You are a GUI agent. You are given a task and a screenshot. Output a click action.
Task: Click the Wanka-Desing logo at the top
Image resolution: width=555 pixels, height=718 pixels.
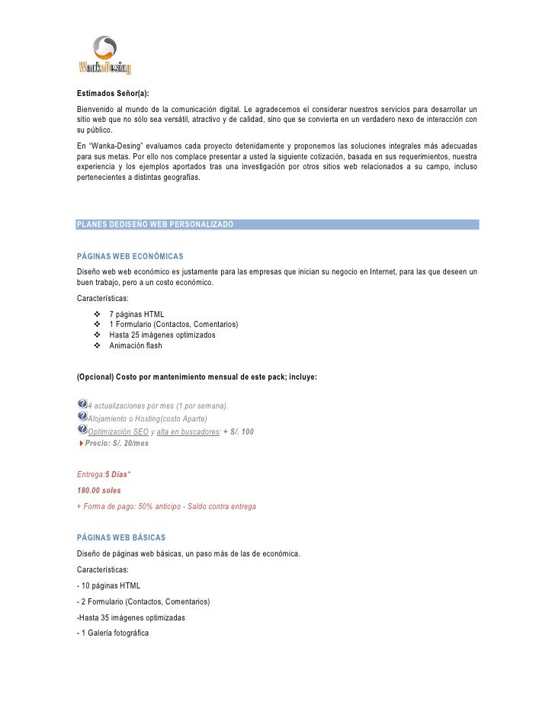(x=104, y=55)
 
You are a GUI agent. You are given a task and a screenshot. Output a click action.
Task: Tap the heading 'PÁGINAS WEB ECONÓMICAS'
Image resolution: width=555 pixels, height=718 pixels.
(x=130, y=256)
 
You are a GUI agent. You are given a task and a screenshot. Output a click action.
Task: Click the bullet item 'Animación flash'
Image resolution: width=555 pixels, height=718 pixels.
(x=136, y=345)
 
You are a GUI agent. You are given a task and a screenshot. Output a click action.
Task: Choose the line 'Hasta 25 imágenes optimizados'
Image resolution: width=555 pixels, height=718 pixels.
(x=162, y=335)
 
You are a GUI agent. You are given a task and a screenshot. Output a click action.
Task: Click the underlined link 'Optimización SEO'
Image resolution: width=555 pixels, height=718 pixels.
(x=118, y=431)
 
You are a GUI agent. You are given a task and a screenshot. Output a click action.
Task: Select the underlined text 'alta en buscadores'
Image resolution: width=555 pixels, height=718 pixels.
(x=188, y=431)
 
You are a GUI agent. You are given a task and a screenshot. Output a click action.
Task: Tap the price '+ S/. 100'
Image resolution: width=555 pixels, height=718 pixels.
(x=239, y=431)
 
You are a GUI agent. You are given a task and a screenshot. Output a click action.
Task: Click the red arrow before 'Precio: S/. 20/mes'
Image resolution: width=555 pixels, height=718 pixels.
(x=81, y=443)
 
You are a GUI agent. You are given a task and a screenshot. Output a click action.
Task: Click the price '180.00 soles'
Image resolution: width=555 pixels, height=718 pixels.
(x=99, y=490)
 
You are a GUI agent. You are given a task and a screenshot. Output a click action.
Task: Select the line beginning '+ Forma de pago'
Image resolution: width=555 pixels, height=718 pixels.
(x=166, y=506)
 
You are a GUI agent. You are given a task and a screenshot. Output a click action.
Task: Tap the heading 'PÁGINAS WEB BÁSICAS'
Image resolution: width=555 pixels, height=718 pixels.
(x=121, y=538)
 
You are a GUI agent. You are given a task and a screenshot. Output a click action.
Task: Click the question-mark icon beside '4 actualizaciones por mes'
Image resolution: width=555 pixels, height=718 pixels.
(x=82, y=404)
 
